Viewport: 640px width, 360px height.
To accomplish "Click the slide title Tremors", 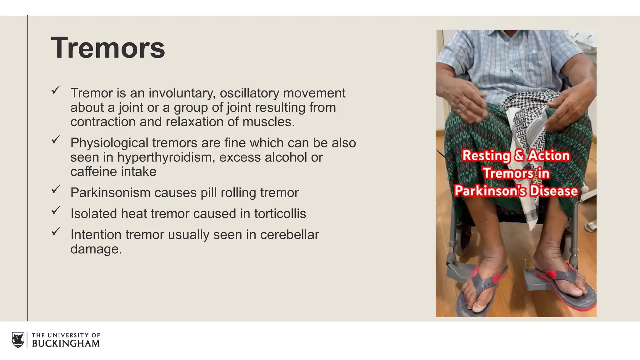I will click(x=108, y=48).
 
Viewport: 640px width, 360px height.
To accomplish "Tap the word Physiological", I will click(x=109, y=143).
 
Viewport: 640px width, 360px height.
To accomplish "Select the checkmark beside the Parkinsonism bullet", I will click(x=56, y=189).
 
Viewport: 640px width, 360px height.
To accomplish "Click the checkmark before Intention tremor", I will click(x=56, y=232).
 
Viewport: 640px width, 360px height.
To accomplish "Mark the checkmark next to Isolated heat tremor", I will click(x=56, y=211).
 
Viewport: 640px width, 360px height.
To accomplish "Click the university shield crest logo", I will click(x=18, y=340).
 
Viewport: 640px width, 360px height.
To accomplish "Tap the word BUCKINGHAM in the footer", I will click(x=66, y=343).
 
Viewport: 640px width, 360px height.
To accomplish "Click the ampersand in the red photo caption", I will click(x=519, y=155).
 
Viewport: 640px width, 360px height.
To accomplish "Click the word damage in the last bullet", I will click(x=94, y=249).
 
